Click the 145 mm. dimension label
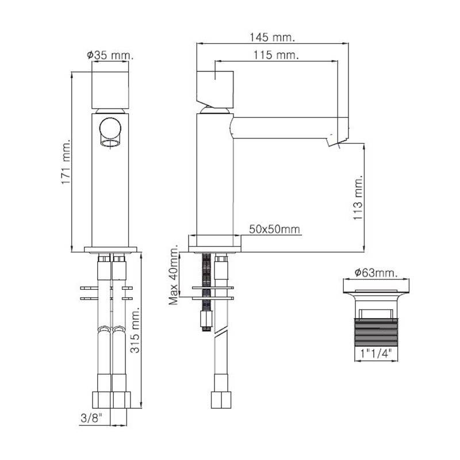click(x=272, y=37)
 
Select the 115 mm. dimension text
click(x=276, y=55)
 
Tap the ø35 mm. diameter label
click(x=110, y=55)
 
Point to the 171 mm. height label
click(x=66, y=162)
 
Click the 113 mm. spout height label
click(x=358, y=198)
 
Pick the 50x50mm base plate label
click(x=275, y=229)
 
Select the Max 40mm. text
click(x=174, y=274)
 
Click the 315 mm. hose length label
click(x=135, y=330)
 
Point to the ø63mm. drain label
click(x=376, y=273)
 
